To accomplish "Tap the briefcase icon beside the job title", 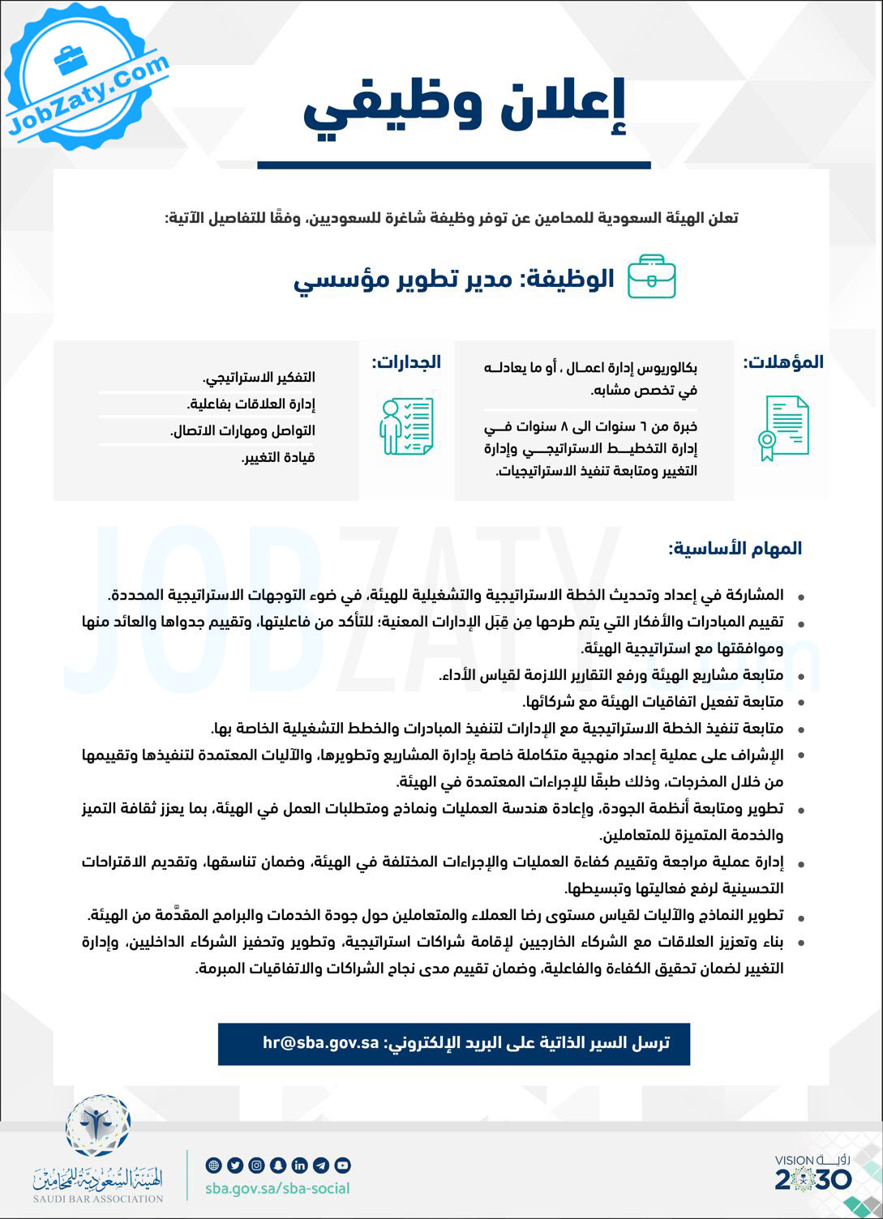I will [x=652, y=277].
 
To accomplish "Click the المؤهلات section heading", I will [x=782, y=362].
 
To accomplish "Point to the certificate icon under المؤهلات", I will [x=783, y=428].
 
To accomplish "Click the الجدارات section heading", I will [x=406, y=362].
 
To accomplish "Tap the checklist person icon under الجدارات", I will [x=406, y=426].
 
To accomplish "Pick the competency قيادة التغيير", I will [x=278, y=457].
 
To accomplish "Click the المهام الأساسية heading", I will [x=735, y=549].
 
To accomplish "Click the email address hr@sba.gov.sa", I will [x=321, y=1042].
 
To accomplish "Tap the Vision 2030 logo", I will [x=812, y=1172].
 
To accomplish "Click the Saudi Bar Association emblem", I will [x=98, y=1127].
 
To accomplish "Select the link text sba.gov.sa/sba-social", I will [x=277, y=1188].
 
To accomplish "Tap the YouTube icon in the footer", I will [x=342, y=1166].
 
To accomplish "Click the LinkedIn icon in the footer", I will [x=299, y=1166].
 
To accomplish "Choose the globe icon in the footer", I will [x=214, y=1166].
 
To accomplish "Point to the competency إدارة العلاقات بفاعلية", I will [x=251, y=404].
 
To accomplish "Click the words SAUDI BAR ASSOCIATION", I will [x=98, y=1199].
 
